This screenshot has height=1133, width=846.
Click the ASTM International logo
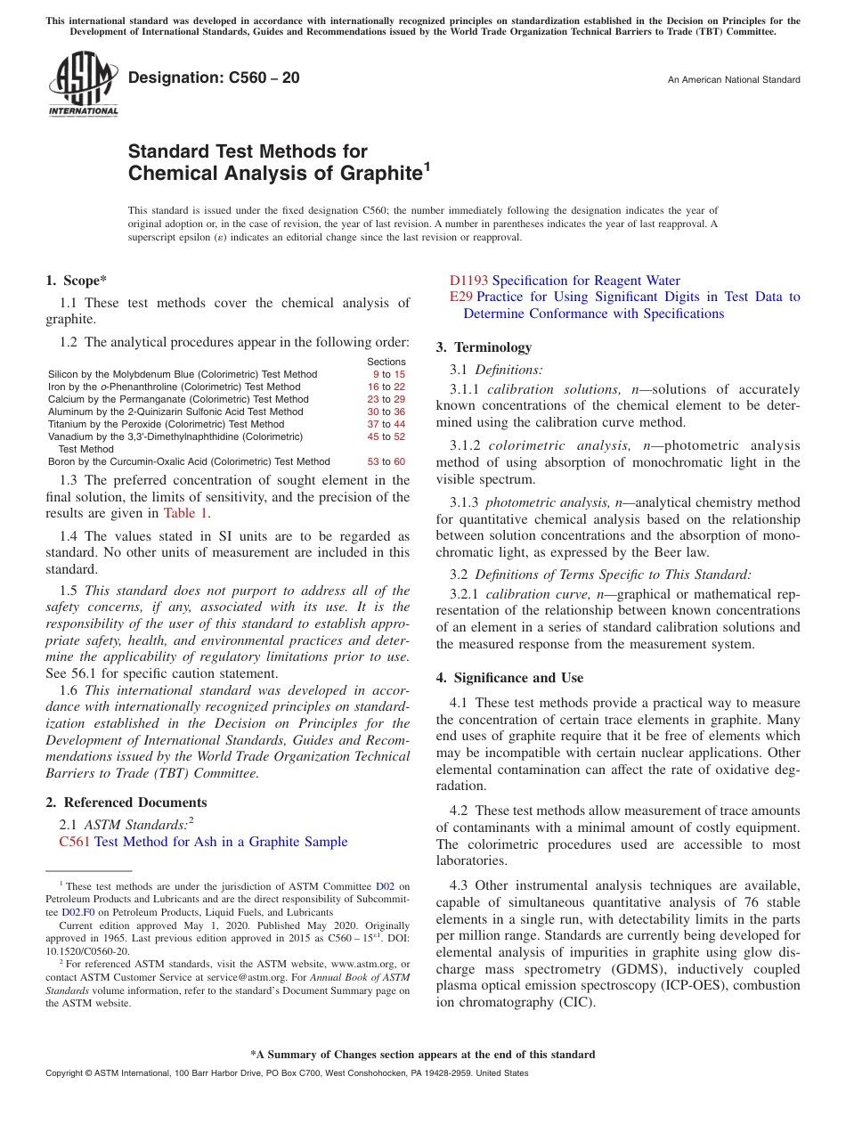tap(83, 85)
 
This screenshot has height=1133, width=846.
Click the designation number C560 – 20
tap(214, 78)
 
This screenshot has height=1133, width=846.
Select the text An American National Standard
tap(733, 80)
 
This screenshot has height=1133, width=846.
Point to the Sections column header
tap(386, 362)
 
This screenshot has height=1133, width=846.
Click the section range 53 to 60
tap(386, 461)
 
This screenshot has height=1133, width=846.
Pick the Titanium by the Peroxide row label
tap(166, 424)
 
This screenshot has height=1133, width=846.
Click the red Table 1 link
tap(186, 512)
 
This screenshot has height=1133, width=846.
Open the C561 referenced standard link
tap(74, 842)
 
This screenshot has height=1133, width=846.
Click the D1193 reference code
tap(468, 281)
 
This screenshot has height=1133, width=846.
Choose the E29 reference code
tap(460, 297)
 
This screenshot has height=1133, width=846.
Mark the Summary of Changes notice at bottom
tap(422, 1055)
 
